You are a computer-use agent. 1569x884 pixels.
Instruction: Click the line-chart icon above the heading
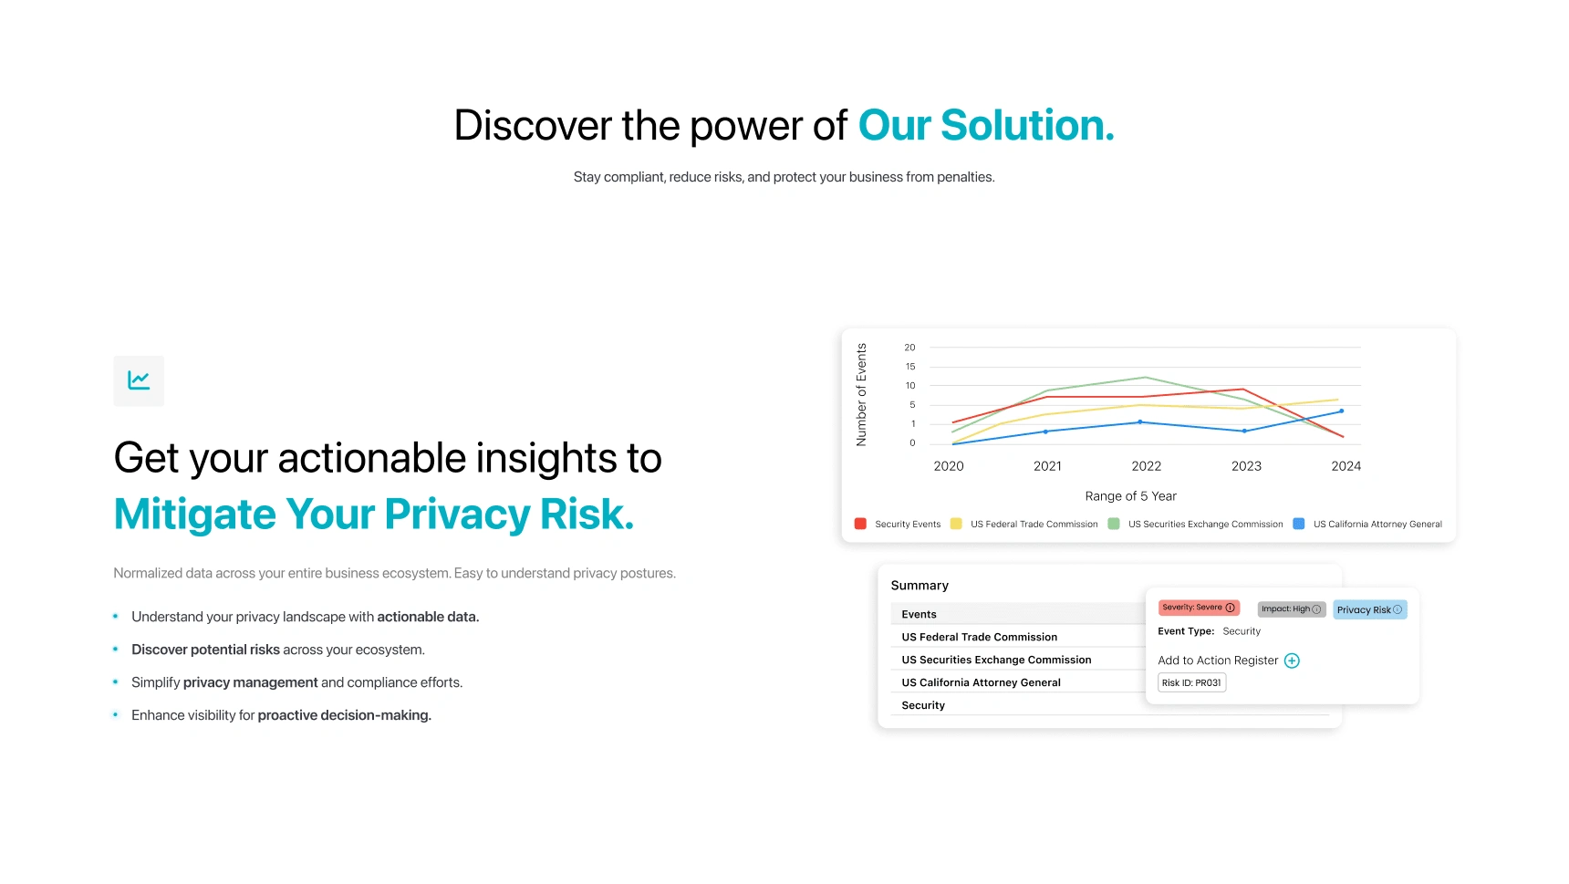139,380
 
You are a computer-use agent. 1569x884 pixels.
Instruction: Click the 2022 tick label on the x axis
1147,466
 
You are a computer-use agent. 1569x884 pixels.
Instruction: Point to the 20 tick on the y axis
909,348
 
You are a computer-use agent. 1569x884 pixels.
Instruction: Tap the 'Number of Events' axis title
861,395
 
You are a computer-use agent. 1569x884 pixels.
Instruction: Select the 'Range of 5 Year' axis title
1131,496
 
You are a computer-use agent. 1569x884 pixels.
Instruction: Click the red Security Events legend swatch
860,524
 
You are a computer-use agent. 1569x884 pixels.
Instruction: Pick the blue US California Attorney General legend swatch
1299,524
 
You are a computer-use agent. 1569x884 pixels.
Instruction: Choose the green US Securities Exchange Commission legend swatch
1114,524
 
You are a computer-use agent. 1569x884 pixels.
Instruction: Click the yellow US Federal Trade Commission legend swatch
956,524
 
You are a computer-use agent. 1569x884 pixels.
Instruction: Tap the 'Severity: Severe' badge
1199,608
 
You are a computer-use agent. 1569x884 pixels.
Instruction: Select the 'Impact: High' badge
1292,609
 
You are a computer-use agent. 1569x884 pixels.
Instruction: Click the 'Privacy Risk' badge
1370,609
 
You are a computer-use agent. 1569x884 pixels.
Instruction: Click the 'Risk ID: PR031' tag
1192,682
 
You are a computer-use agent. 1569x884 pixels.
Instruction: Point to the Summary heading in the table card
920,586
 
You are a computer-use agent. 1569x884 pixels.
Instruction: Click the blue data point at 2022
1140,422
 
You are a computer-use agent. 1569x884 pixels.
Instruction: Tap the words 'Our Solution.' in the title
986,126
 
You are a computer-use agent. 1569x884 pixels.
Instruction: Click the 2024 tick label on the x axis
1346,466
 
